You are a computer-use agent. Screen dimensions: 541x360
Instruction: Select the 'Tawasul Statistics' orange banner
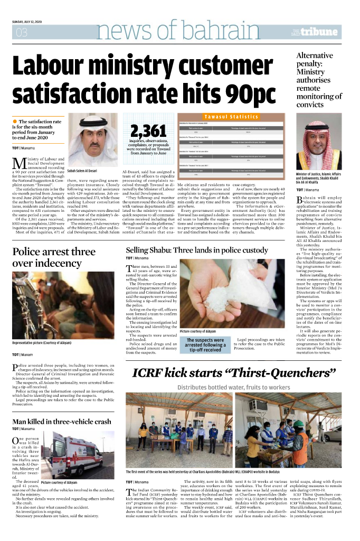tap(232, 116)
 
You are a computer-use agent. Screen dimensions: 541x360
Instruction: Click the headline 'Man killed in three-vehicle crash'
tap(62, 422)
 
